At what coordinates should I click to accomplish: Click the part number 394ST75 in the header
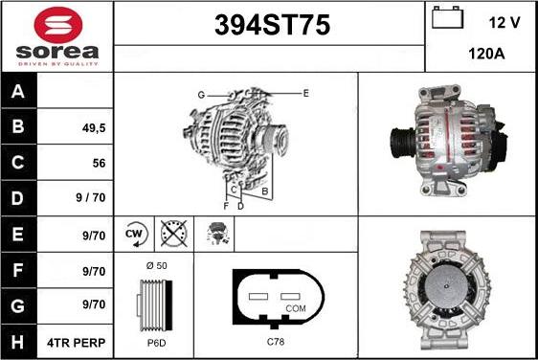point(268,27)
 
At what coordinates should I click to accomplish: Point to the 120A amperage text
point(485,56)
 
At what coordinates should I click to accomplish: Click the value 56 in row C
point(98,164)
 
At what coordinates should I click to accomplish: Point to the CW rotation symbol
point(135,233)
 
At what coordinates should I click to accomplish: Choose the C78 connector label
point(275,342)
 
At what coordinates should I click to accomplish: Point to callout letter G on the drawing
point(202,94)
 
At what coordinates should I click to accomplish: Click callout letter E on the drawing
point(305,93)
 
